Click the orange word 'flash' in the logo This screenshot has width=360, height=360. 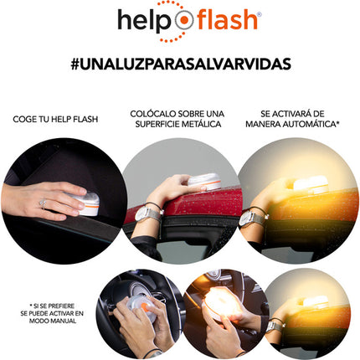point(227,19)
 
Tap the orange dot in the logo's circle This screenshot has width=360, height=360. point(184,20)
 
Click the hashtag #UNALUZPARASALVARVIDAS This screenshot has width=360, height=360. point(181,64)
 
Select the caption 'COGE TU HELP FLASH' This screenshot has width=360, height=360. point(55,119)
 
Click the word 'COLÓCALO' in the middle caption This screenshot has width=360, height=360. point(153,114)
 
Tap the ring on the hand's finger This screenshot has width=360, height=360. point(44,204)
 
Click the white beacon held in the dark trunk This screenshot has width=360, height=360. point(88,204)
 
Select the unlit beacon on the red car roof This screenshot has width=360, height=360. point(204,182)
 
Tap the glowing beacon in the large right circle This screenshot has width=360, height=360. point(311,184)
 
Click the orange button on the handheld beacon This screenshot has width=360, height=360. point(145,307)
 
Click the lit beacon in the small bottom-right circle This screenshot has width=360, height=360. point(316,302)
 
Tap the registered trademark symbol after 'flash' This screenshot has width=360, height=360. point(260,14)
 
